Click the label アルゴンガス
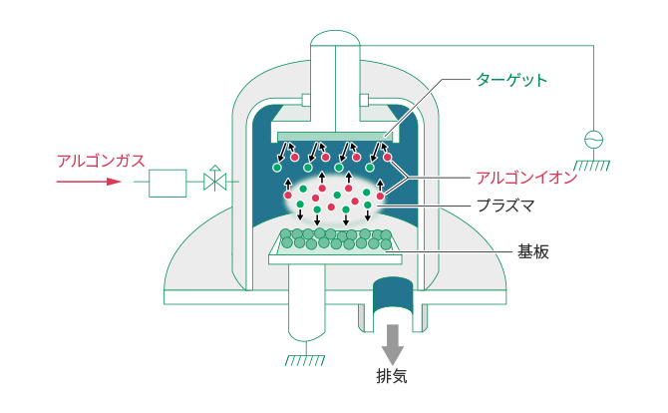pos(101,161)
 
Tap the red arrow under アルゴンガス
pos(89,182)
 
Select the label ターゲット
pos(511,80)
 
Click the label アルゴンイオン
pos(526,178)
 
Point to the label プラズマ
pos(505,206)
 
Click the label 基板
pos(533,251)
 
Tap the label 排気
pos(392,376)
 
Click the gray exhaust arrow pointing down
pos(393,344)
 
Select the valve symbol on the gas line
pos(215,178)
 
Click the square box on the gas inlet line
pos(167,184)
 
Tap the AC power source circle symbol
pos(593,140)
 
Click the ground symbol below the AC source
pos(592,166)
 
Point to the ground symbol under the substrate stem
pos(305,360)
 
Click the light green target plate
pos(335,137)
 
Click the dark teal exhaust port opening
pos(393,295)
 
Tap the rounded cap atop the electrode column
pos(335,38)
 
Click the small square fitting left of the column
pos(306,100)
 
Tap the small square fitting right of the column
pos(364,100)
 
